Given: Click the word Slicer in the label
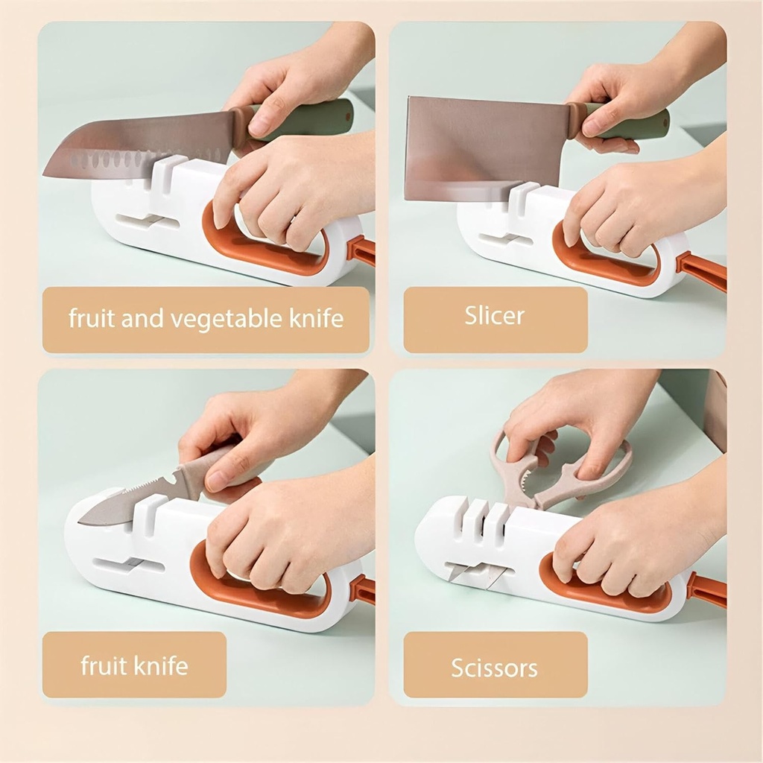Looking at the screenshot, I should pyautogui.click(x=495, y=315).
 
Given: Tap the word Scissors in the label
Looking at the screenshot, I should pyautogui.click(x=494, y=667).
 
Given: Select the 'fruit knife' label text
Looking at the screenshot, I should pyautogui.click(x=134, y=665).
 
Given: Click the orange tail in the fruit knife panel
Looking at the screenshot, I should pyautogui.click(x=363, y=589).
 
